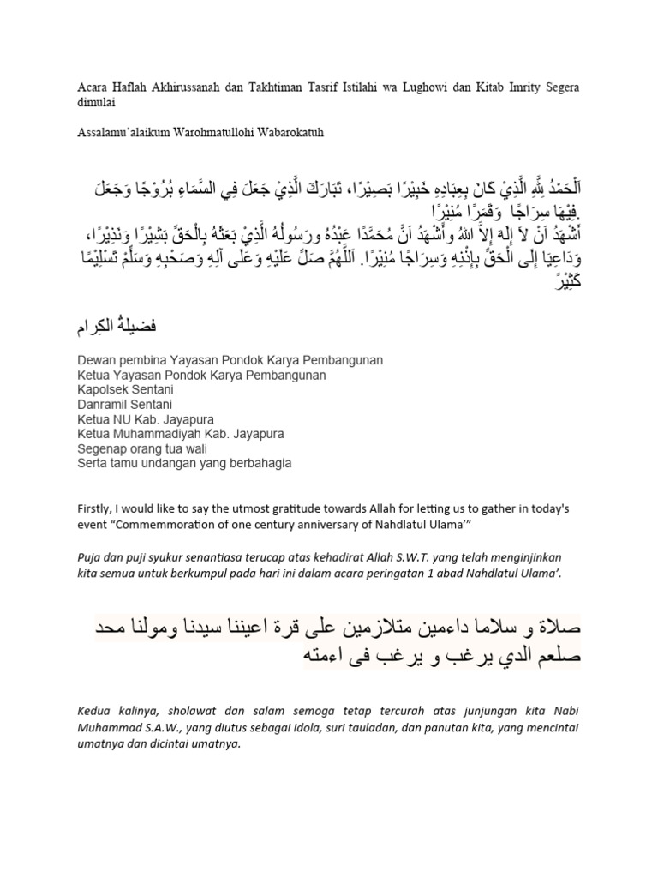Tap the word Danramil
(103, 404)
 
